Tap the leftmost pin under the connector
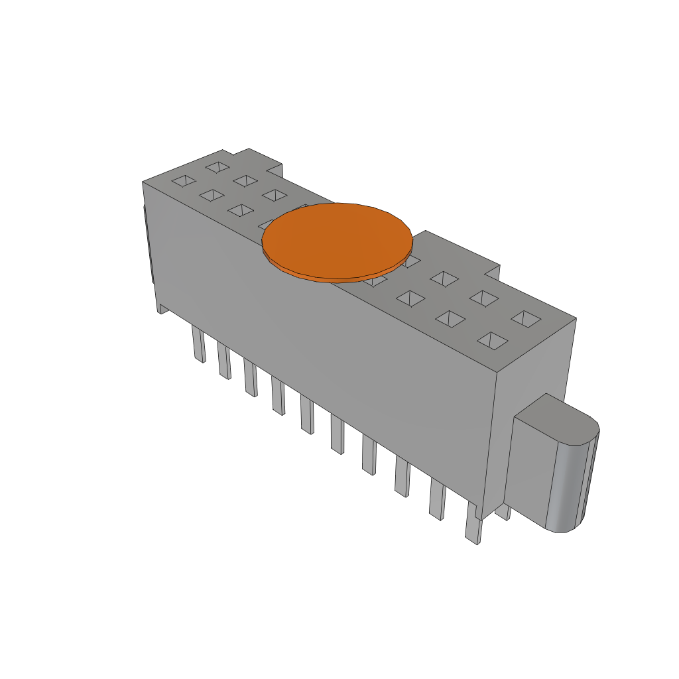pyautogui.click(x=198, y=344)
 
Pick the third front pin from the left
pyautogui.click(x=250, y=378)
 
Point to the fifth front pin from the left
pyautogui.click(x=307, y=415)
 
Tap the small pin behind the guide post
pyautogui.click(x=503, y=512)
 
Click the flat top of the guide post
pyautogui.click(x=556, y=418)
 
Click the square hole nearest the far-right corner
pyautogui.click(x=526, y=319)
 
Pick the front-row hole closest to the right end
pyautogui.click(x=492, y=341)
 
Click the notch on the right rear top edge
pyautogui.click(x=491, y=272)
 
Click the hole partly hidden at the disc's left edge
pyautogui.click(x=265, y=223)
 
